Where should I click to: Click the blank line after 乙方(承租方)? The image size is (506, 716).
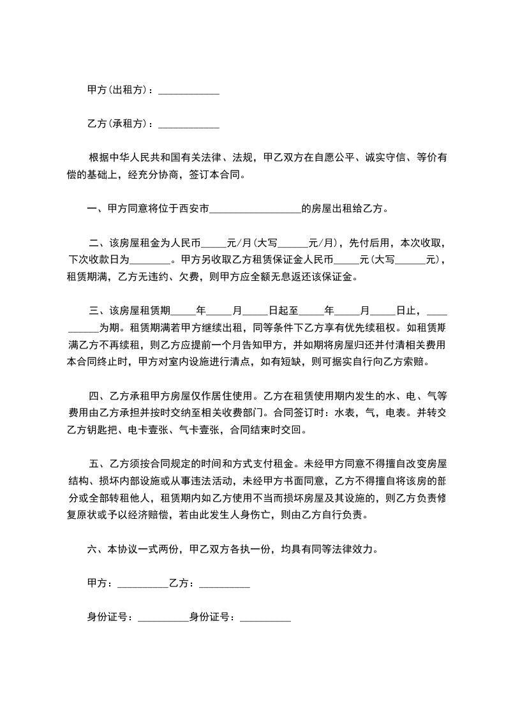click(x=188, y=124)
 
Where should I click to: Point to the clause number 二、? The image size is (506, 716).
click(x=96, y=243)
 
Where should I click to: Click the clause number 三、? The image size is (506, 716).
click(x=96, y=311)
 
